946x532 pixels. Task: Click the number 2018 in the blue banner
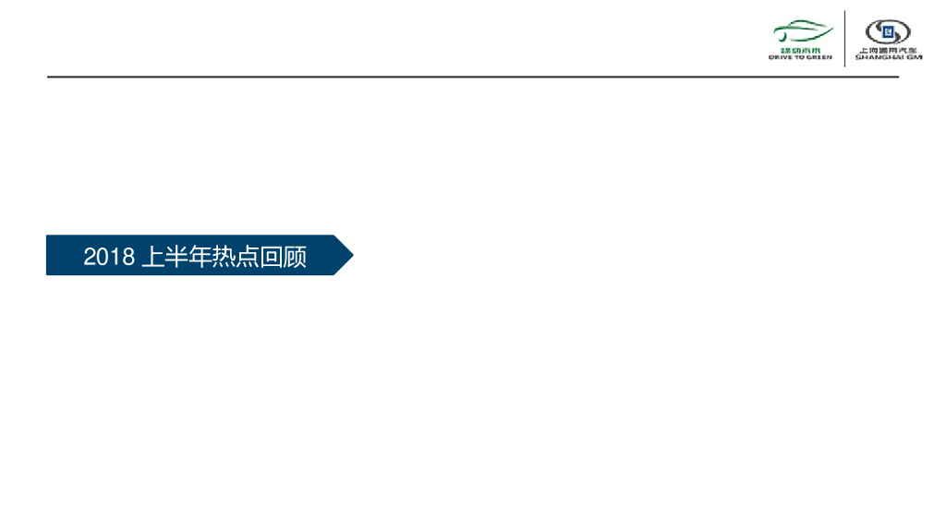coord(109,257)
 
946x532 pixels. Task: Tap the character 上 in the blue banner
coord(152,257)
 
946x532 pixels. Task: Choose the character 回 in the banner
coord(272,257)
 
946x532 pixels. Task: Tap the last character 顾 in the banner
coord(296,257)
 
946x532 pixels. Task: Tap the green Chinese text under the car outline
coord(800,49)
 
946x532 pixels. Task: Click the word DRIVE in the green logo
coord(780,57)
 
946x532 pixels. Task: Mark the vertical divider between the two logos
coord(845,38)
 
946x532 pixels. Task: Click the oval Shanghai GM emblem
coord(887,31)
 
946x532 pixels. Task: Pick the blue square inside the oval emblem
coord(888,31)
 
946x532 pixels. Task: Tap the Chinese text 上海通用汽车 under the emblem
coord(888,50)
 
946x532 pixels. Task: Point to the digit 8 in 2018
coord(129,257)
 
